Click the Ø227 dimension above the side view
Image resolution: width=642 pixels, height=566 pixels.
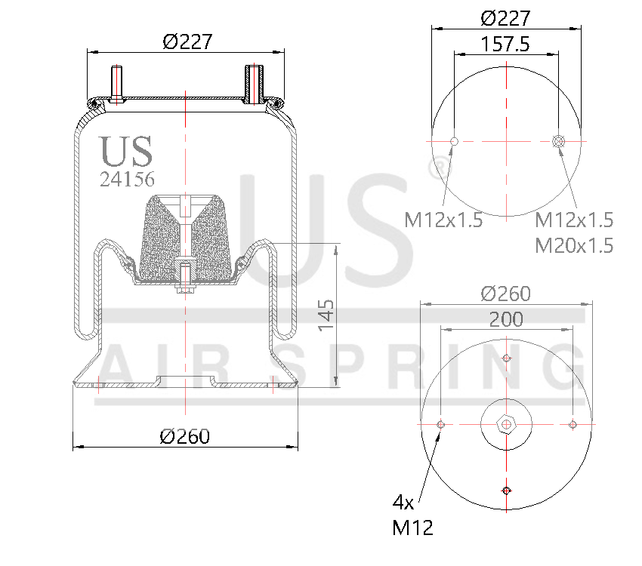click(x=187, y=42)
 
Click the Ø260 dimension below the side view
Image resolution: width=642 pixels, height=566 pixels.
click(x=185, y=435)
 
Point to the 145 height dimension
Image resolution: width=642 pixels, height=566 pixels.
click(x=325, y=314)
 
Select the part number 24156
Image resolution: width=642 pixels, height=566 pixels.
click(x=128, y=180)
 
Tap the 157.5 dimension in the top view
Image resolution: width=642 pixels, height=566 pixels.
click(x=505, y=45)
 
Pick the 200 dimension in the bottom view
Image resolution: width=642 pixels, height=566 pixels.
click(x=506, y=319)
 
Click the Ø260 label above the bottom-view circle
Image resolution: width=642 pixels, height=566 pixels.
click(x=505, y=294)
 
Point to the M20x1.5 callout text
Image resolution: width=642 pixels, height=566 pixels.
click(x=574, y=245)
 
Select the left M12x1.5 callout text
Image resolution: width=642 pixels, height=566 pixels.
click(x=443, y=220)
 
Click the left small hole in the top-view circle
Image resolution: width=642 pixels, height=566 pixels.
click(x=454, y=141)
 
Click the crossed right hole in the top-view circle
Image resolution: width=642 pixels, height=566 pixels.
click(x=558, y=141)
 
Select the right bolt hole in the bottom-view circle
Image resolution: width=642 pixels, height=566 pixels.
click(x=573, y=424)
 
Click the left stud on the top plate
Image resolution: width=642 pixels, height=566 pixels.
click(x=117, y=83)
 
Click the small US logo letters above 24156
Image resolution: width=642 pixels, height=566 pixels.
click(x=127, y=151)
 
